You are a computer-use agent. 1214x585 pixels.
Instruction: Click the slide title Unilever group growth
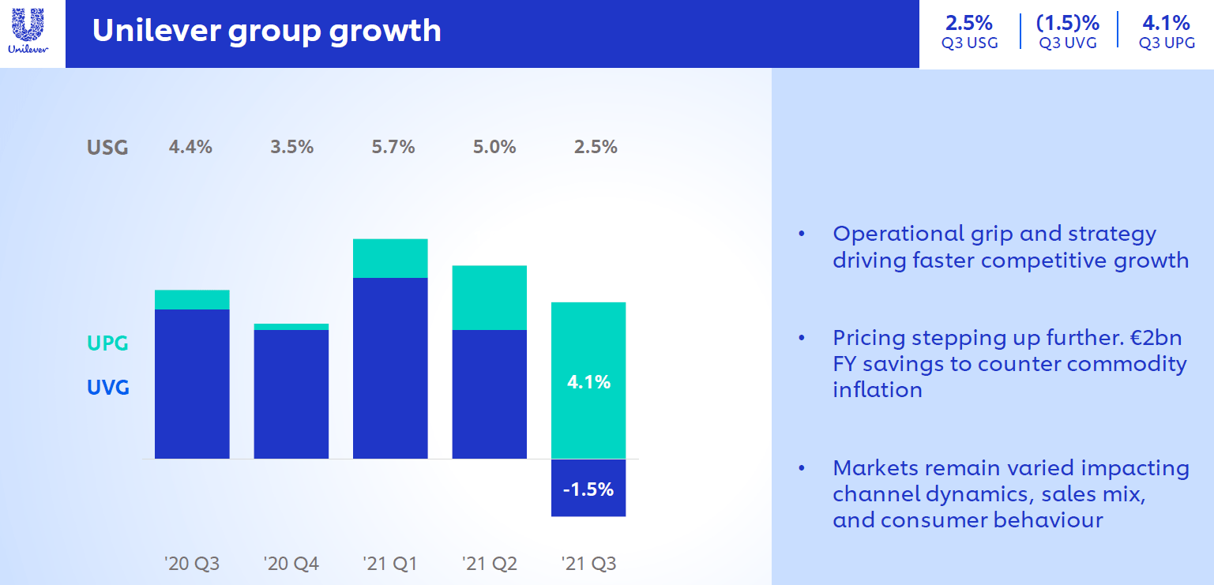point(266,31)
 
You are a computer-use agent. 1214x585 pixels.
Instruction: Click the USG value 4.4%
point(190,147)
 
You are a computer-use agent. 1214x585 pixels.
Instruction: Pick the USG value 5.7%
point(393,147)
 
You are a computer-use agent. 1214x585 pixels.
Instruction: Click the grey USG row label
point(107,148)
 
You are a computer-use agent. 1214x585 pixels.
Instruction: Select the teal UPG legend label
point(107,344)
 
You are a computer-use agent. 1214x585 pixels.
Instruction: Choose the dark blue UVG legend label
point(107,388)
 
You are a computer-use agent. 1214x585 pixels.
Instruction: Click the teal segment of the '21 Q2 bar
point(489,298)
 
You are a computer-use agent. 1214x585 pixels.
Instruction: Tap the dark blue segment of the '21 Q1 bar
point(390,368)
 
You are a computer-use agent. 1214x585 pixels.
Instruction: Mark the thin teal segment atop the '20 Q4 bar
point(291,327)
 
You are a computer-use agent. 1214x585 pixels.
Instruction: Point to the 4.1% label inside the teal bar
point(588,383)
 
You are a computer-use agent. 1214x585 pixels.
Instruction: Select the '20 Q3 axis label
point(192,564)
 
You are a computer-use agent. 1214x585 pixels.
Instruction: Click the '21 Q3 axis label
point(588,564)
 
